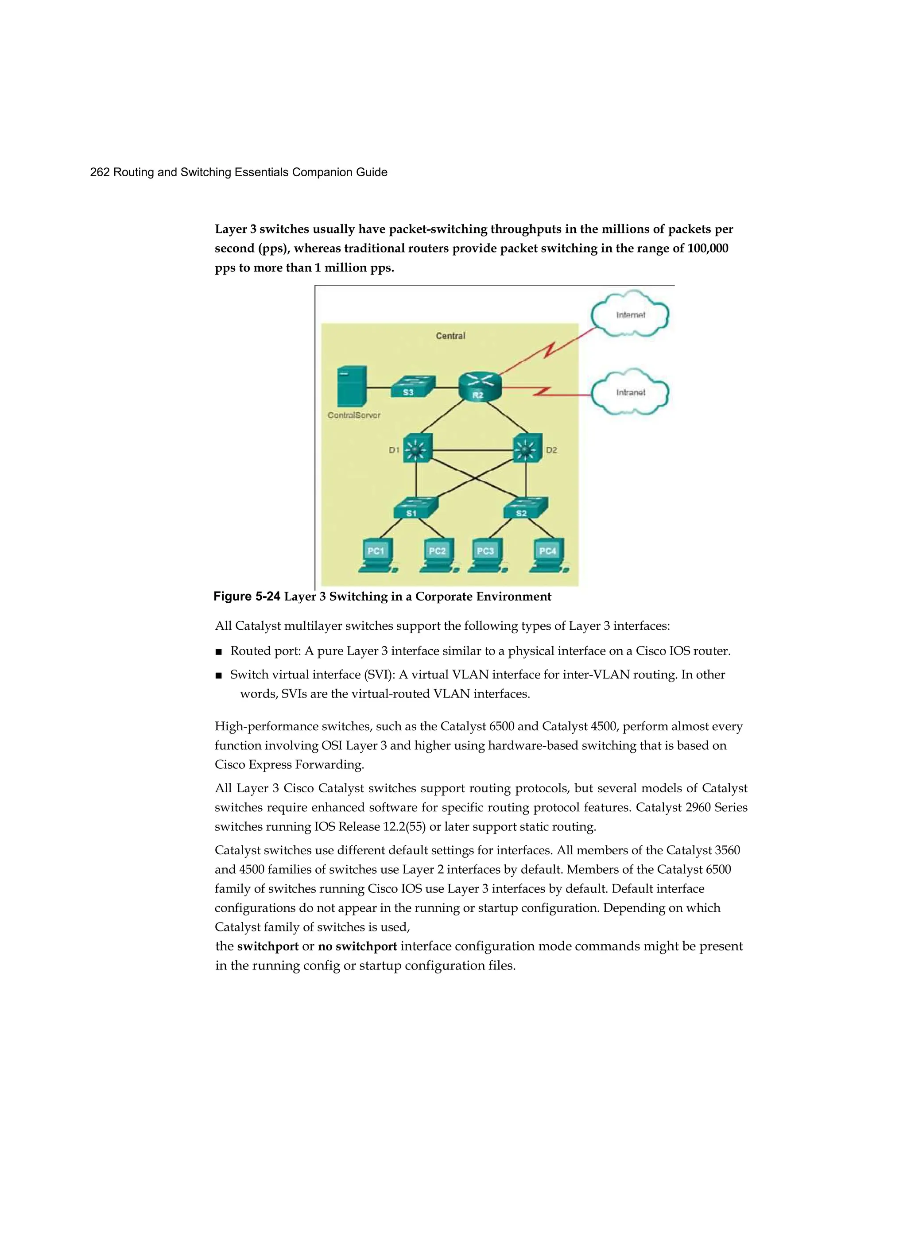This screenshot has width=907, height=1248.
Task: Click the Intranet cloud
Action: click(x=630, y=392)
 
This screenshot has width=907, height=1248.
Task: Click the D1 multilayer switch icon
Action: click(x=417, y=449)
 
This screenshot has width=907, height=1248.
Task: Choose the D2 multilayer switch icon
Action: click(x=527, y=449)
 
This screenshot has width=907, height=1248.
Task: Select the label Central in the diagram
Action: click(x=450, y=336)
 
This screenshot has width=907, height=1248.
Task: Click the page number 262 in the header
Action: click(x=100, y=172)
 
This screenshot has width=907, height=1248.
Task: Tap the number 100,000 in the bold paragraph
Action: click(x=707, y=248)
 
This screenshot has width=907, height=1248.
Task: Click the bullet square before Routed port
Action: click(x=218, y=652)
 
